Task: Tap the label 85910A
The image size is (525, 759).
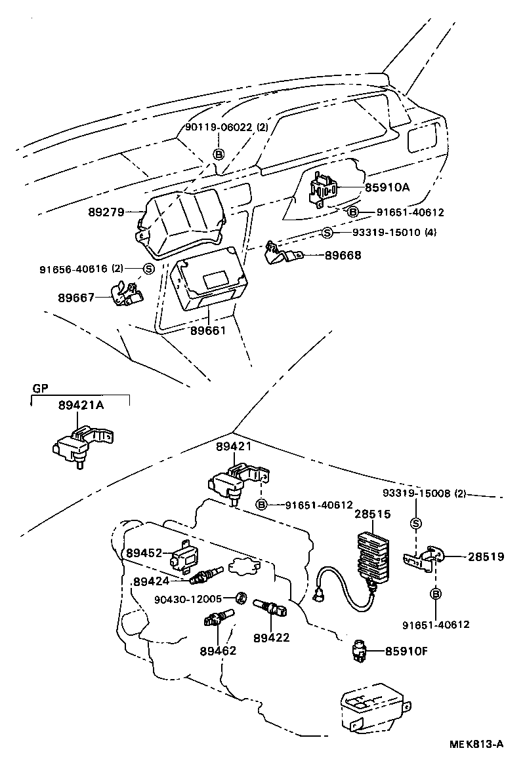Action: coord(388,187)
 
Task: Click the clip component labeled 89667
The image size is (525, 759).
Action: coord(125,294)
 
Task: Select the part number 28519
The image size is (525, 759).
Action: coord(486,556)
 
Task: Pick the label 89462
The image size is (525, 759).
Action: coord(218,651)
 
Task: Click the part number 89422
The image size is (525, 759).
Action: coord(271,636)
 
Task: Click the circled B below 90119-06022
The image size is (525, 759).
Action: coord(219,154)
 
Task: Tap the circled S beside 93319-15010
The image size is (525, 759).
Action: coord(327,233)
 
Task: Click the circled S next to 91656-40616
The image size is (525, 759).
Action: coord(148,268)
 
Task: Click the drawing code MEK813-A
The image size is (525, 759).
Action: coord(476,743)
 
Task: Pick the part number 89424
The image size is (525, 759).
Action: coord(152,581)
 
